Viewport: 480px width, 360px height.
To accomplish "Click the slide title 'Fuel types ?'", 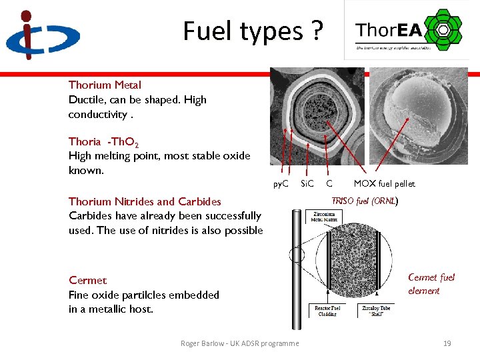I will click(253, 31).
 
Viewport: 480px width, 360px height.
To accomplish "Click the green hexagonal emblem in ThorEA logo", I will click(440, 29).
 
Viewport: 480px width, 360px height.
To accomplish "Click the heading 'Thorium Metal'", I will click(105, 85).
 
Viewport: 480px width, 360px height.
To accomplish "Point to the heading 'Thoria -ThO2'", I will click(103, 141).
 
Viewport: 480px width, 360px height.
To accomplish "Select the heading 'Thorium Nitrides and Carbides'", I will click(145, 201).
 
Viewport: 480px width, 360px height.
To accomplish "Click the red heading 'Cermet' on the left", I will click(87, 280).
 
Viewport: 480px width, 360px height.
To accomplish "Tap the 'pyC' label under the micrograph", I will click(281, 183).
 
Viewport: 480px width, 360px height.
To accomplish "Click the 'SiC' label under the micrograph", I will click(307, 183).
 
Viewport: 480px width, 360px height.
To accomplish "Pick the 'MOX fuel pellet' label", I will click(384, 183).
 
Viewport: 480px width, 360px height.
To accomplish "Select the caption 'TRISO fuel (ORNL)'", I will click(365, 200).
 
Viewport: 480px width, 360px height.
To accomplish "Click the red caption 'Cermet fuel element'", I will click(431, 284).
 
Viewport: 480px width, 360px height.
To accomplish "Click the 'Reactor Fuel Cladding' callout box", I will click(327, 311).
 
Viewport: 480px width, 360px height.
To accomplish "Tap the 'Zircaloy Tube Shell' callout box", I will click(376, 311).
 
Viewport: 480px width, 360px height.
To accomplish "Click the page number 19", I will click(447, 343).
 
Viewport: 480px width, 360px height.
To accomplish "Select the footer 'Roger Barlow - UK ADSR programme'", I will click(239, 343).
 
